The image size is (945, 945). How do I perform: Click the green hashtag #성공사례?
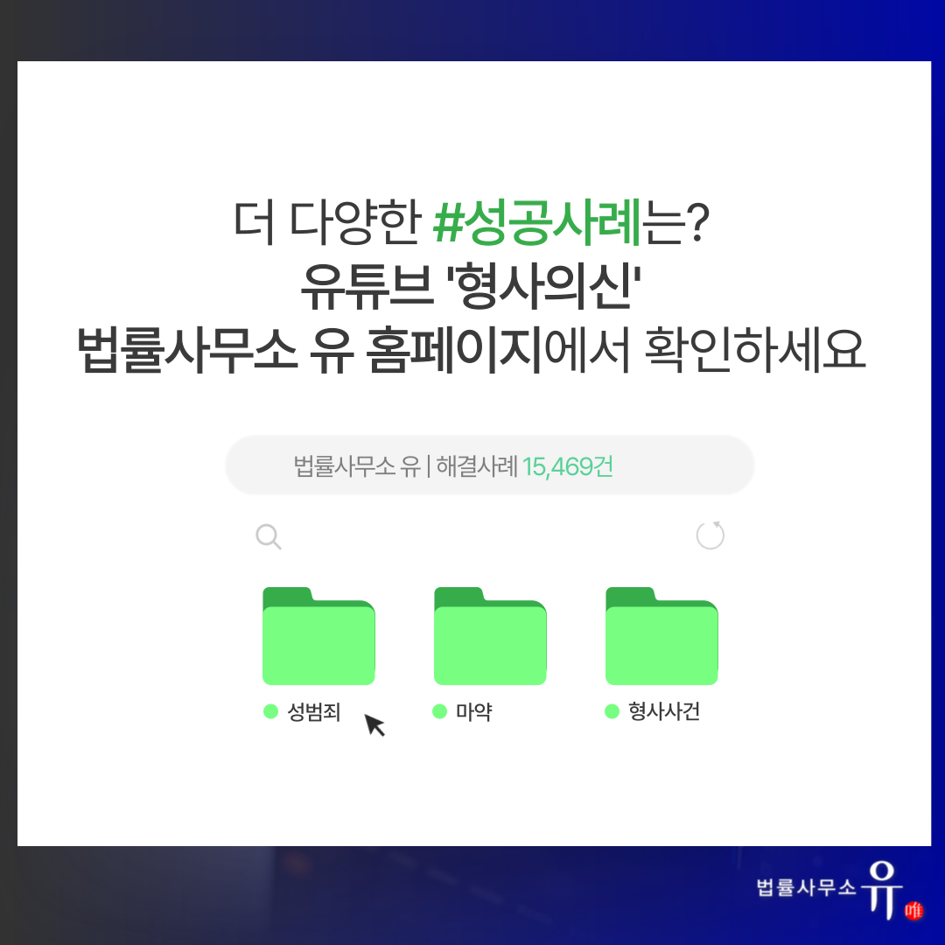point(537,222)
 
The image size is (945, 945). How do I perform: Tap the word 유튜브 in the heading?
point(367,286)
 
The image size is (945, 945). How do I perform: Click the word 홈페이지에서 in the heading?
point(498,349)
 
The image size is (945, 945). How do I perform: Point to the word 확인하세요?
point(755,349)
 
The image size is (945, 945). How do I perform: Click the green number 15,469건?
point(568,466)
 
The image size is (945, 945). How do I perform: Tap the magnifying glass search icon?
point(269,536)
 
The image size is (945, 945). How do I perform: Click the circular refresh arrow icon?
point(710,535)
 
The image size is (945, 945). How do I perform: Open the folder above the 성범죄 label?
point(318,636)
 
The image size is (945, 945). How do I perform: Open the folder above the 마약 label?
point(490,636)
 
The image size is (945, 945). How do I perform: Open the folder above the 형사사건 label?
point(661,636)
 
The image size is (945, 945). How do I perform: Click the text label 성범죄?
point(314,711)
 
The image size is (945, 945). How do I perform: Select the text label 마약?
point(473,711)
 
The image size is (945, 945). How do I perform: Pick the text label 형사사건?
point(664,711)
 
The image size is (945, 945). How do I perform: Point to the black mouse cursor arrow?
point(374,725)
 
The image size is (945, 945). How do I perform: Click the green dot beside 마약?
point(440,711)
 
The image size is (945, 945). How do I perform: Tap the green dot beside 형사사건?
point(612,711)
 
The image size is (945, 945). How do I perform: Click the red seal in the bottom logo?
point(913,909)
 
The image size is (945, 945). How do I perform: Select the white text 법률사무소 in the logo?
point(806,887)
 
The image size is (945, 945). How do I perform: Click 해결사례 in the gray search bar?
point(477,466)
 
